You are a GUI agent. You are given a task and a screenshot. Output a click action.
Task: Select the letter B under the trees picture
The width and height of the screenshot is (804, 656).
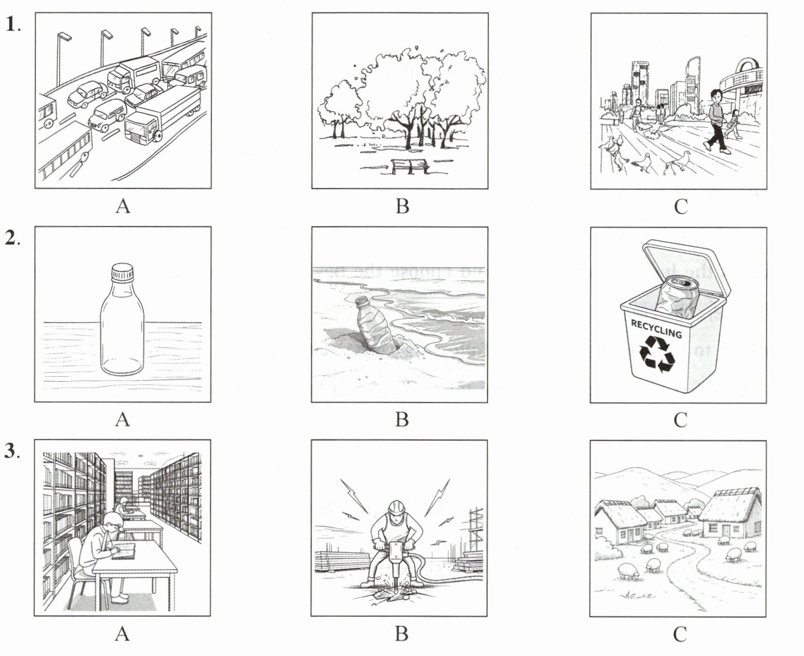pyautogui.click(x=402, y=206)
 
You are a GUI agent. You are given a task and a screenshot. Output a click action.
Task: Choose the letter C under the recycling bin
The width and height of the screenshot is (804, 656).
pyautogui.click(x=681, y=420)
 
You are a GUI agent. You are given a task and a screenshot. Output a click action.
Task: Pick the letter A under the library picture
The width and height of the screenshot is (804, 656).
pyautogui.click(x=122, y=634)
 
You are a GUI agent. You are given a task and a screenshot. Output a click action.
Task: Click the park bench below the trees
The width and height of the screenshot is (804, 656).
pyautogui.click(x=410, y=167)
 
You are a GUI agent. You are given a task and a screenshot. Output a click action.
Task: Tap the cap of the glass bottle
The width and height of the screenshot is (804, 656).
pyautogui.click(x=122, y=272)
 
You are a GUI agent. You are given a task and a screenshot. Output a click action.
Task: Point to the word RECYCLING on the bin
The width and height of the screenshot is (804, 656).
pyautogui.click(x=657, y=329)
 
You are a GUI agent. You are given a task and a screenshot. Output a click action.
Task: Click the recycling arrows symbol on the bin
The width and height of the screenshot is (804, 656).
pyautogui.click(x=657, y=354)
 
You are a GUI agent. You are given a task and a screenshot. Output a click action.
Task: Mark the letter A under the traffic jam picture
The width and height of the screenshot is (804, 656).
pyautogui.click(x=123, y=206)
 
